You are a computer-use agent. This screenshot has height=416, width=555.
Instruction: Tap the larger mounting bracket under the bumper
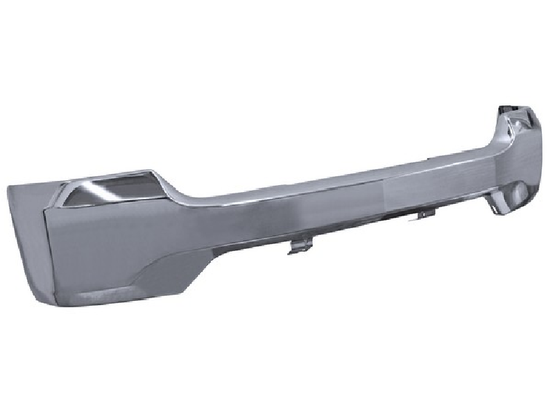pos(298,245)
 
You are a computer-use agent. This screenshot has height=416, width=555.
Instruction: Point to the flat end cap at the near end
pos(26,236)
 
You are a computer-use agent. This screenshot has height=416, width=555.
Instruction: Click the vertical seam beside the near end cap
pos(46,250)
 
